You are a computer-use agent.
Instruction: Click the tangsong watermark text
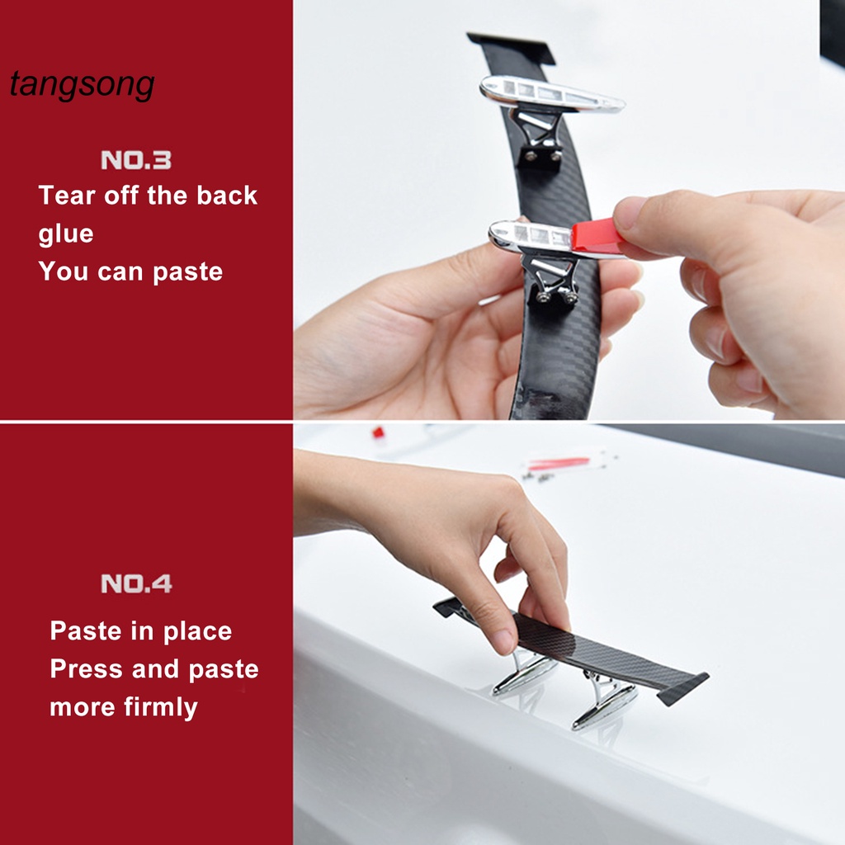point(82,85)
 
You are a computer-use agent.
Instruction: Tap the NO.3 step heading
point(136,160)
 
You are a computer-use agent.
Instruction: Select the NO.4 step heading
point(136,583)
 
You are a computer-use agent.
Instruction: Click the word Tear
point(67,195)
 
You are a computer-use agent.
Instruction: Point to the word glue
point(66,234)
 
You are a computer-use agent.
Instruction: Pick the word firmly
point(161,707)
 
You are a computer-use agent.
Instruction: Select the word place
point(197,631)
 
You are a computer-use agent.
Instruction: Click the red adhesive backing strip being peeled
point(596,236)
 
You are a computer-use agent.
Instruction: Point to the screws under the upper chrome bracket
point(543,156)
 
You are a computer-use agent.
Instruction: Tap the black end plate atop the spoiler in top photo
point(511,47)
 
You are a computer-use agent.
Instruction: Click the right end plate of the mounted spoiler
point(682,689)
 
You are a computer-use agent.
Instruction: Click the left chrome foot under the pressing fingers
point(524,673)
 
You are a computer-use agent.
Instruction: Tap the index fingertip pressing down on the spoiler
point(504,640)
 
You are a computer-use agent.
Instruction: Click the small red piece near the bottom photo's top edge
point(378,432)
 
